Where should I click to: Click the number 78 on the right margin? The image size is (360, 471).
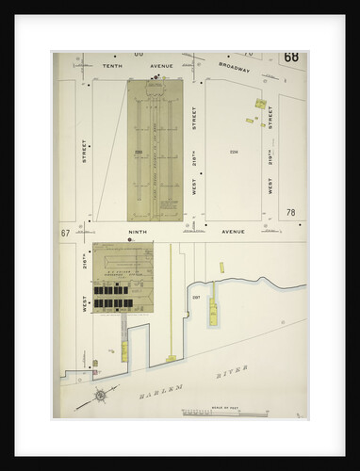coord(291,213)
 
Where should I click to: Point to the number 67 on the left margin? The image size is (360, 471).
coord(66,232)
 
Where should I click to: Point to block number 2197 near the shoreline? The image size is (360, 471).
coord(196,298)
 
